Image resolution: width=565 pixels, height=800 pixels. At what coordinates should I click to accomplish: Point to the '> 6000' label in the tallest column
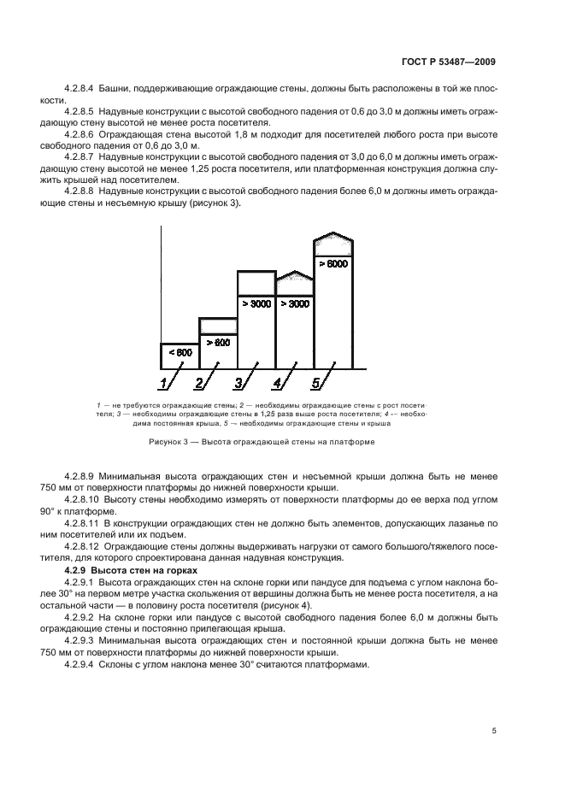pos(333,264)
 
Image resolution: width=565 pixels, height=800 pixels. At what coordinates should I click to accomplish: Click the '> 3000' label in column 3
pos(256,303)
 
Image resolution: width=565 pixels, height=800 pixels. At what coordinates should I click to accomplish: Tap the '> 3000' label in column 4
pos(294,303)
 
